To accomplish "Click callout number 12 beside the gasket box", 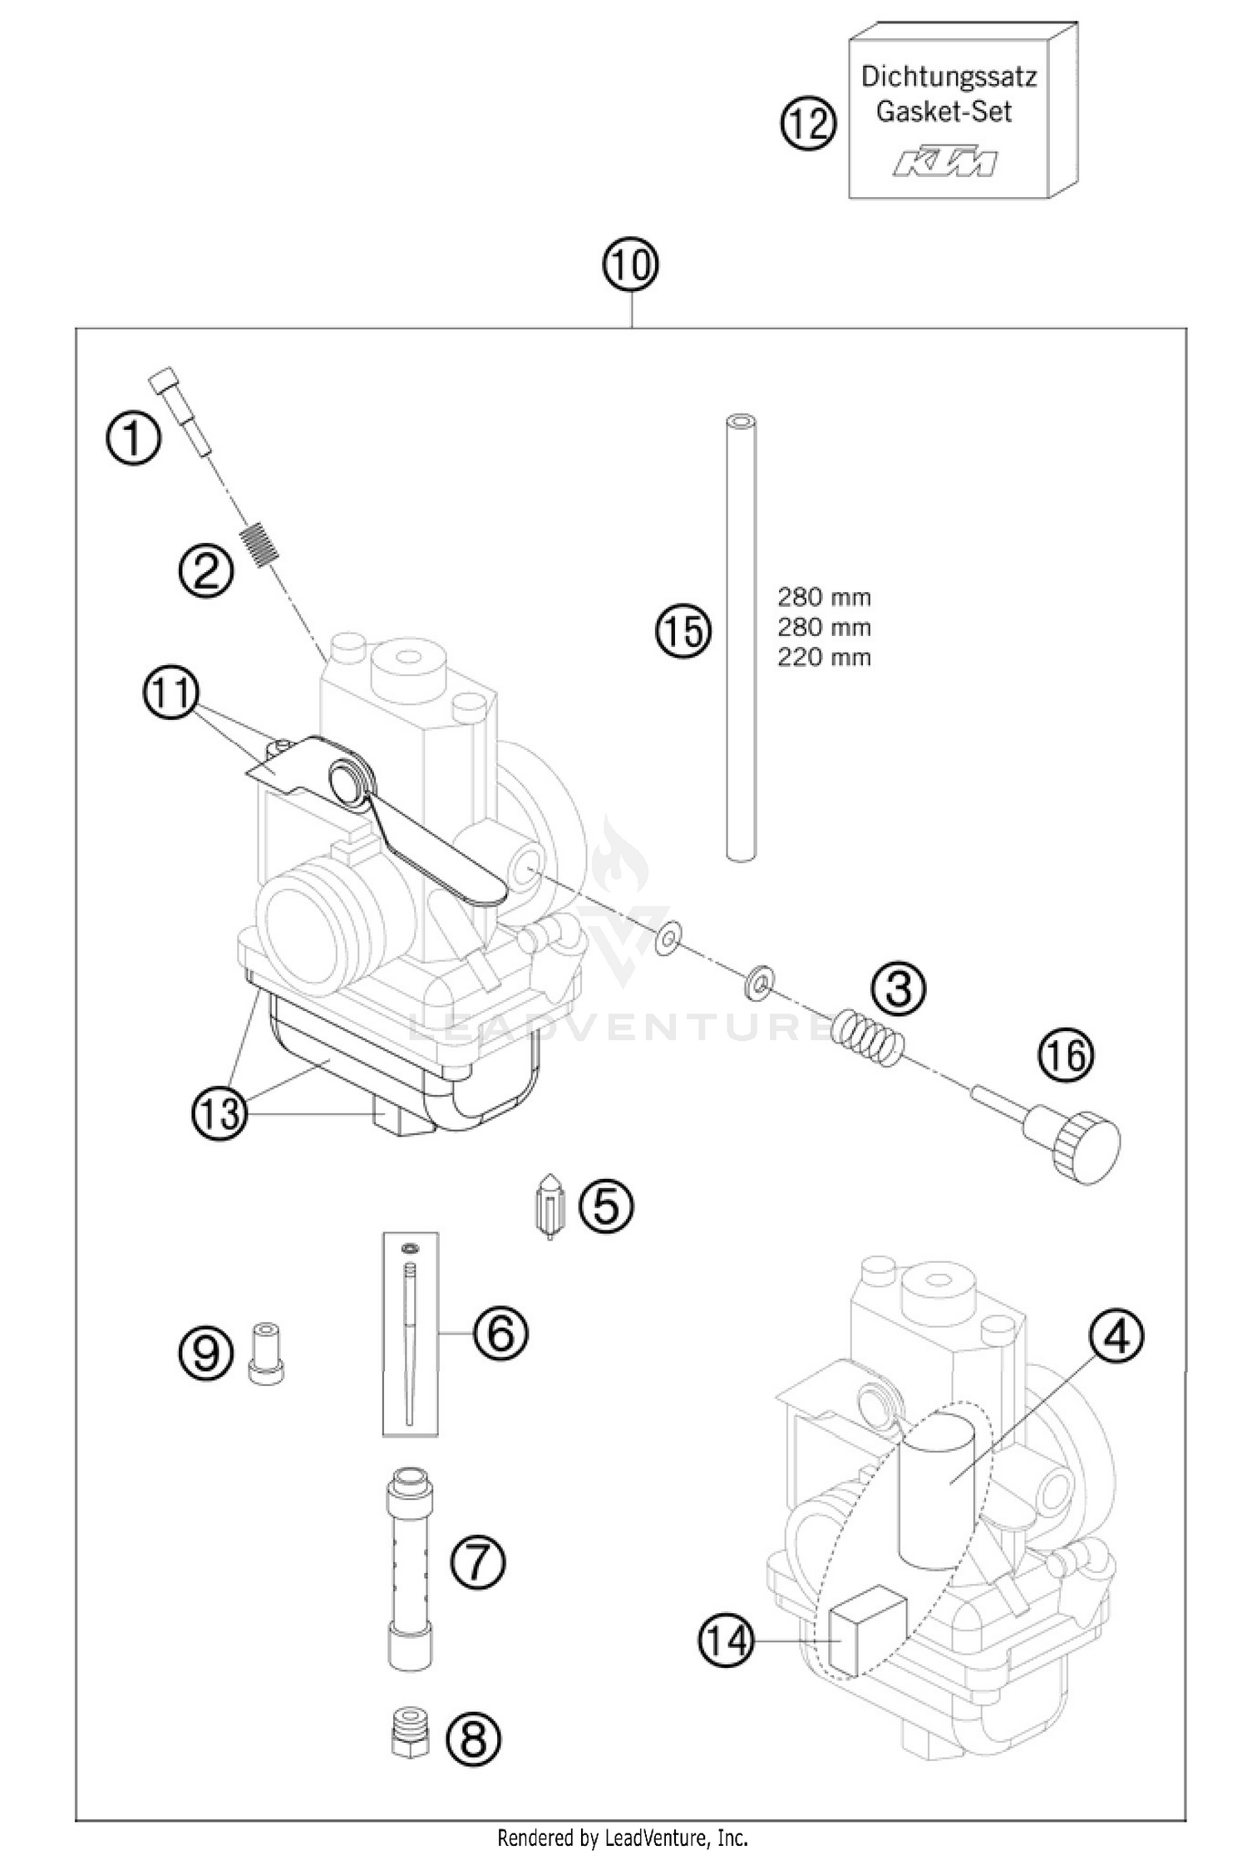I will (x=807, y=126).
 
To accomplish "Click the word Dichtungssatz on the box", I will (x=948, y=77).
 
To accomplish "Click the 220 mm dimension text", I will (x=823, y=658).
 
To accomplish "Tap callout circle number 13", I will (x=220, y=1112).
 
